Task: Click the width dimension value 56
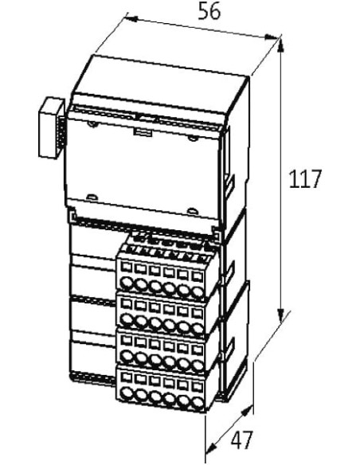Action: click(x=209, y=11)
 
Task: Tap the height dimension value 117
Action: click(x=305, y=179)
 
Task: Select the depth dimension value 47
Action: click(x=242, y=440)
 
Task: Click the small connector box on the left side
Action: click(x=51, y=128)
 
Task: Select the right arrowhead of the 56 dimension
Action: click(x=272, y=37)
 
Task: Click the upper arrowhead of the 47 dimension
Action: click(x=247, y=410)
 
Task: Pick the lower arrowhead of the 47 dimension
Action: click(x=211, y=447)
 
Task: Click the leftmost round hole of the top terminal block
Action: click(x=127, y=283)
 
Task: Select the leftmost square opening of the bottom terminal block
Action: click(x=127, y=377)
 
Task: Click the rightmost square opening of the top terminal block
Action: click(x=198, y=276)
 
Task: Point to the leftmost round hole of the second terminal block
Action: click(x=127, y=320)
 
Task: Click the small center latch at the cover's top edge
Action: click(x=144, y=132)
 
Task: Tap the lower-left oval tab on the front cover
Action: click(x=92, y=197)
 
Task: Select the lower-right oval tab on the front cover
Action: click(x=193, y=210)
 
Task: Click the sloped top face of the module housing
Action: click(x=160, y=83)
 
